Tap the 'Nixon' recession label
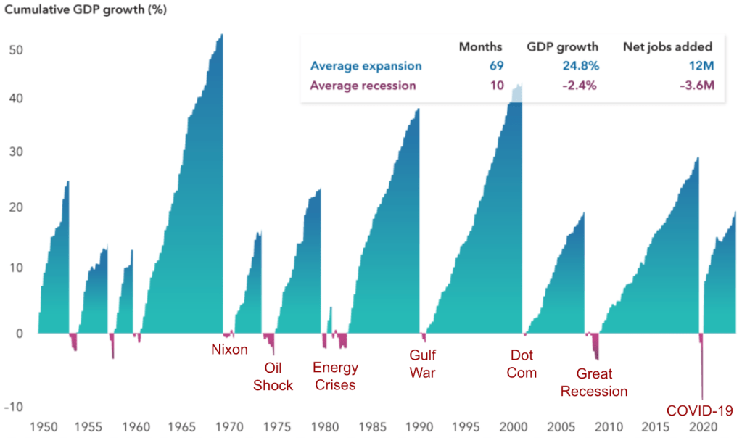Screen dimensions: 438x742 click(x=229, y=350)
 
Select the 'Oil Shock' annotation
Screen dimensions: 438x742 click(x=273, y=376)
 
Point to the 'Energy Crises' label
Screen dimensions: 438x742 click(x=334, y=376)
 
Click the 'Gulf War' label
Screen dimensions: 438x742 click(x=423, y=364)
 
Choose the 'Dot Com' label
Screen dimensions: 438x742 click(x=523, y=364)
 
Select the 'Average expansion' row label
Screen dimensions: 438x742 click(x=366, y=66)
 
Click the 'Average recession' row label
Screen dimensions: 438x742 click(x=363, y=86)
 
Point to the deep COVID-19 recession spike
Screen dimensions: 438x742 click(x=702, y=377)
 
